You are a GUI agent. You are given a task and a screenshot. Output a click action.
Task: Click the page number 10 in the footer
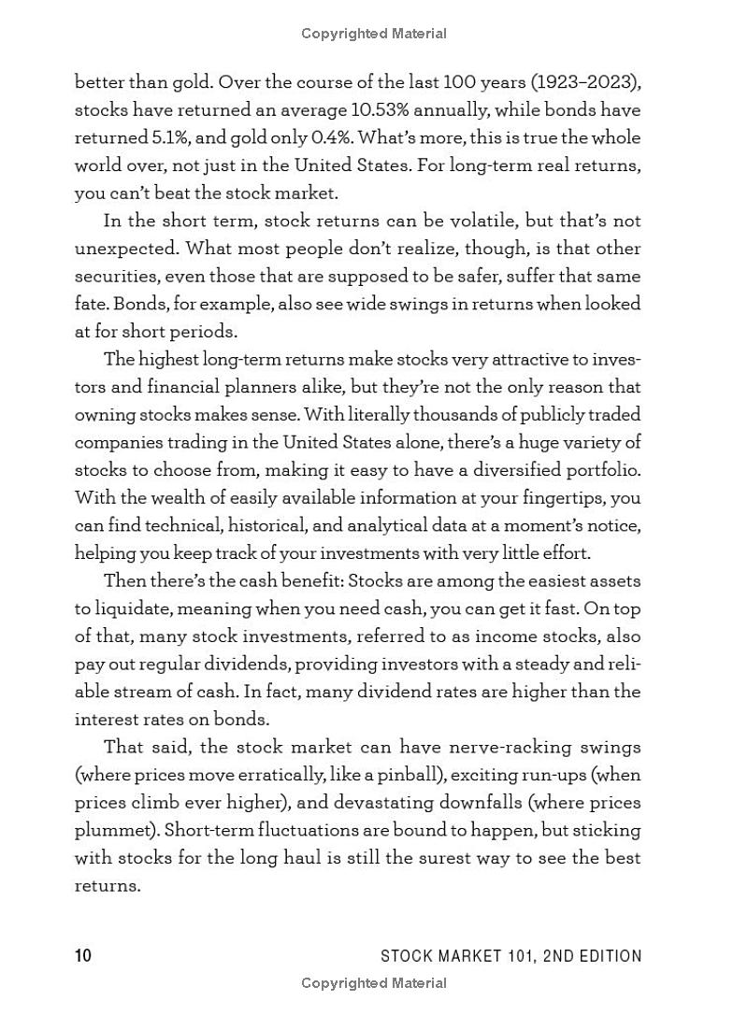coord(83,955)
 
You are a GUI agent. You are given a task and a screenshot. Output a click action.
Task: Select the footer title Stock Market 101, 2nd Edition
coord(511,956)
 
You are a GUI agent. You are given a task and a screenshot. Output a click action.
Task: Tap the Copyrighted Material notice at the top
coord(374,34)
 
